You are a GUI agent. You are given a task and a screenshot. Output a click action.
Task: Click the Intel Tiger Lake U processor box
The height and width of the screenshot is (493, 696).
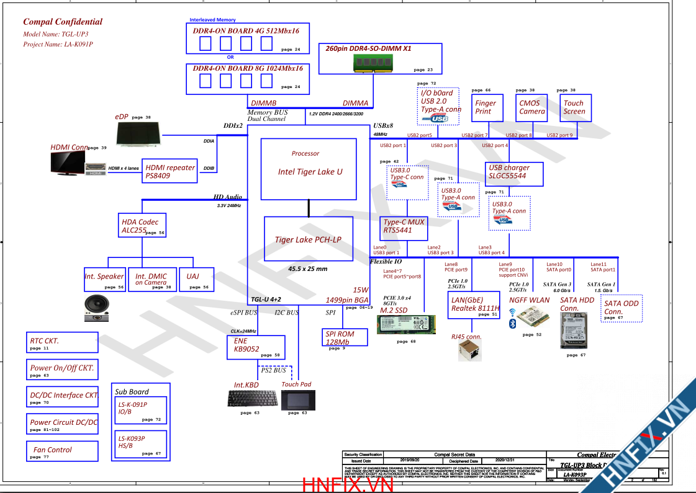pyautogui.click(x=309, y=169)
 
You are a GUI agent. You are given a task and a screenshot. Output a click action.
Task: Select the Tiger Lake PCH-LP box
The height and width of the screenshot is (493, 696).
pyautogui.click(x=308, y=239)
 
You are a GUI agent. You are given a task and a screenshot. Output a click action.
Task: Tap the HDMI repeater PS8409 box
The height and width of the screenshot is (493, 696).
pyautogui.click(x=170, y=171)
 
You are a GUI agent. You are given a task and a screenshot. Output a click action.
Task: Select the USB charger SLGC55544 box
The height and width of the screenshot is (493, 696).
pyautogui.click(x=513, y=172)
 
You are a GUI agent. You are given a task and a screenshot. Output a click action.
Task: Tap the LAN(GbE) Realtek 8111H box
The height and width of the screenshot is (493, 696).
pyautogui.click(x=474, y=304)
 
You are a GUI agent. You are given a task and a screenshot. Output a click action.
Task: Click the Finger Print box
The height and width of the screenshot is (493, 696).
pyautogui.click(x=486, y=107)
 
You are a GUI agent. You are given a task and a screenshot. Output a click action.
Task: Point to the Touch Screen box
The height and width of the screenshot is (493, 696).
pyautogui.click(x=574, y=107)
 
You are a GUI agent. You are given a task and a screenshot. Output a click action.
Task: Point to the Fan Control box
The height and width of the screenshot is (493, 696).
pyautogui.click(x=62, y=451)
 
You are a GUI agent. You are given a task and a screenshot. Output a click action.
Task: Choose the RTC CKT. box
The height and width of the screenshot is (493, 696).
pyautogui.click(x=62, y=342)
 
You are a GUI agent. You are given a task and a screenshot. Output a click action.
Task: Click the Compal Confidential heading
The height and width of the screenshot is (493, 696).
pyautogui.click(x=63, y=22)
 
